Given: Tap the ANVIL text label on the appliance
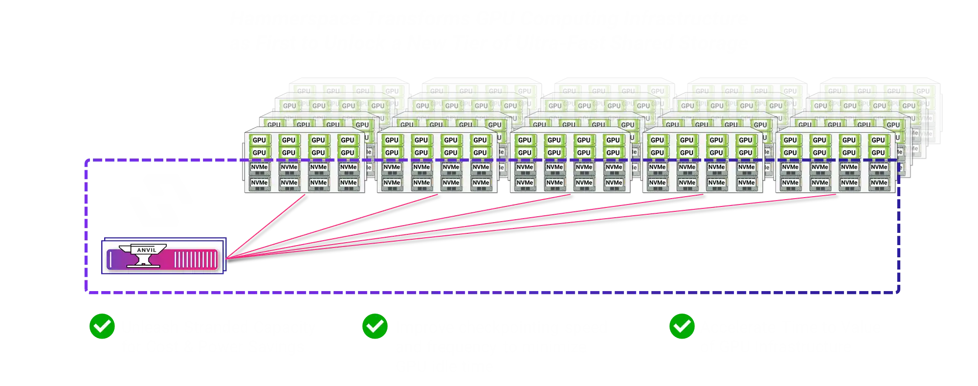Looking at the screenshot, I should (x=147, y=250).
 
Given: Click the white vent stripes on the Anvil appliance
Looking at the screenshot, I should (x=196, y=259).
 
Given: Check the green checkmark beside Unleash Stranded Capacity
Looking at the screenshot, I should (x=102, y=326).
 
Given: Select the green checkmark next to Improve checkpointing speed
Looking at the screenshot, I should (x=375, y=326).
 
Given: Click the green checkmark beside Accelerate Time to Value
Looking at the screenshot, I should (x=682, y=326).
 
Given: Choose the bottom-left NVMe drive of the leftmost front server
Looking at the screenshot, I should (x=259, y=183).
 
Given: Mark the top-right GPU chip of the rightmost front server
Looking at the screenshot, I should (x=878, y=140).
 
